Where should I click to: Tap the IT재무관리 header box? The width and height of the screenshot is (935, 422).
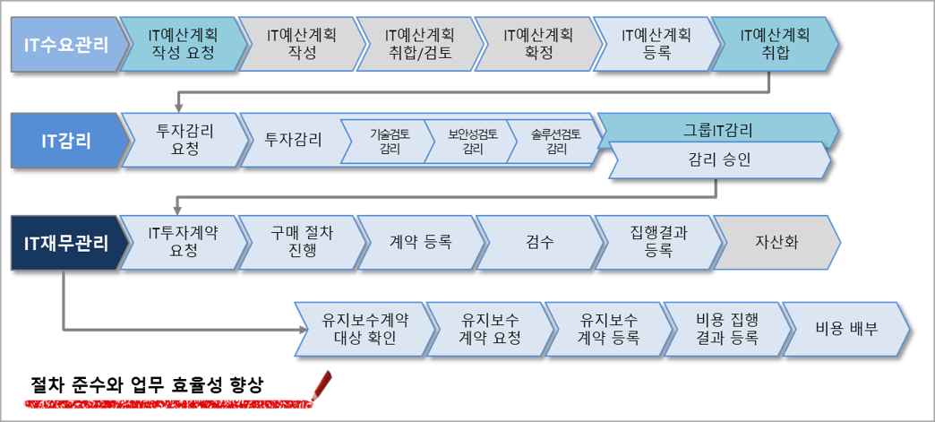coord(63,242)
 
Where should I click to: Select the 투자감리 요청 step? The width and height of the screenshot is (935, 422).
coord(183,140)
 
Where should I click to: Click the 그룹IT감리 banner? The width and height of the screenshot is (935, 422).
coord(716,130)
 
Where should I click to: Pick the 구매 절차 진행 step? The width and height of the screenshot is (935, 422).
coord(300,242)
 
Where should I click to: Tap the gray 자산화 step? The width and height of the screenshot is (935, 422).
coord(776,242)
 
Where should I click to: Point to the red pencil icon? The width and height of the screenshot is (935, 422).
coord(321,384)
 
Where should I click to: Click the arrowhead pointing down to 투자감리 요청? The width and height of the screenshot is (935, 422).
coord(178,106)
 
